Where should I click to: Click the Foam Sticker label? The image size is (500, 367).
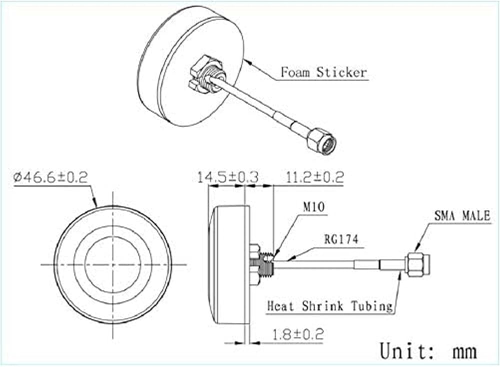323,72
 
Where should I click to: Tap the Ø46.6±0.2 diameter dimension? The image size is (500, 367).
50,177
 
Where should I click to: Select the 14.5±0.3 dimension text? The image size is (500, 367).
227,177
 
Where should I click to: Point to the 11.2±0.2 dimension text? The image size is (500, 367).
314,177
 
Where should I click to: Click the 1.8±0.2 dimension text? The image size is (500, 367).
297,334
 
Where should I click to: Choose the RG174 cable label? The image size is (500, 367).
341,239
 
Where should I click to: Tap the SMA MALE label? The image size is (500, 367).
462,216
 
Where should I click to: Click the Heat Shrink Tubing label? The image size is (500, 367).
330,306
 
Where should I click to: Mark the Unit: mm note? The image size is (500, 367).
428,350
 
